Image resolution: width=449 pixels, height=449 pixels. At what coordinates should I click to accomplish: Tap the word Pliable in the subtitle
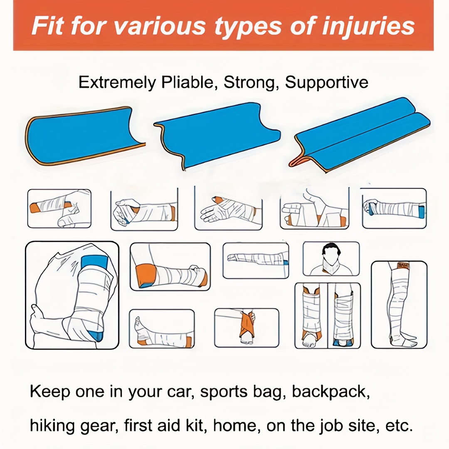[x=187, y=82]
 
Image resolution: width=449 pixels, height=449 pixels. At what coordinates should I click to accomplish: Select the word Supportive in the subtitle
[x=326, y=82]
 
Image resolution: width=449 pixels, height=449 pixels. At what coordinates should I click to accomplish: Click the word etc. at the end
[x=399, y=426]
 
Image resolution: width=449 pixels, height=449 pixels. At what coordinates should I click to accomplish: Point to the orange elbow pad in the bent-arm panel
[x=146, y=276]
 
